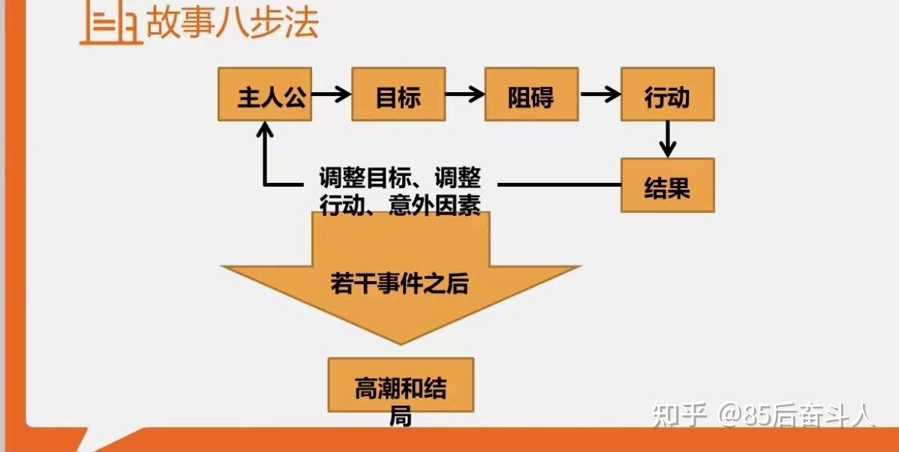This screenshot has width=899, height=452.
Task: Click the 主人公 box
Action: [264, 94]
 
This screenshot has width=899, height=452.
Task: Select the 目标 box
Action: [398, 94]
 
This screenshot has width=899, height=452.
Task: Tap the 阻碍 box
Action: [531, 94]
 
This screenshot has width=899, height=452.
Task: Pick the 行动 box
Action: [667, 94]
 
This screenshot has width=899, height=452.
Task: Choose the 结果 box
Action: [667, 185]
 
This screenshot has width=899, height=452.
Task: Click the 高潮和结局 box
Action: [401, 385]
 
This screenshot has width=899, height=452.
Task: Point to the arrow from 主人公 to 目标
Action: [331, 94]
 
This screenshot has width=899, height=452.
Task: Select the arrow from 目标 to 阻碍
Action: [465, 94]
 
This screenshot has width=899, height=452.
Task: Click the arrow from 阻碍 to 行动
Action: [600, 94]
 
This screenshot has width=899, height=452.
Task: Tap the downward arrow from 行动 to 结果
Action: [667, 139]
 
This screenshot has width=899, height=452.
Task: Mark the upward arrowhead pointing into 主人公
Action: [264, 130]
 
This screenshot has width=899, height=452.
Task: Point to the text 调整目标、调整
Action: [400, 179]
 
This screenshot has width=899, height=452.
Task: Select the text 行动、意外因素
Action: [400, 205]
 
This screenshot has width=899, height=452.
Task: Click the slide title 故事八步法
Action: [233, 22]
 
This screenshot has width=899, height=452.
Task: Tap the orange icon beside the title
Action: [111, 25]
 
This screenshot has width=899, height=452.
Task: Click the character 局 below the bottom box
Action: [401, 418]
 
